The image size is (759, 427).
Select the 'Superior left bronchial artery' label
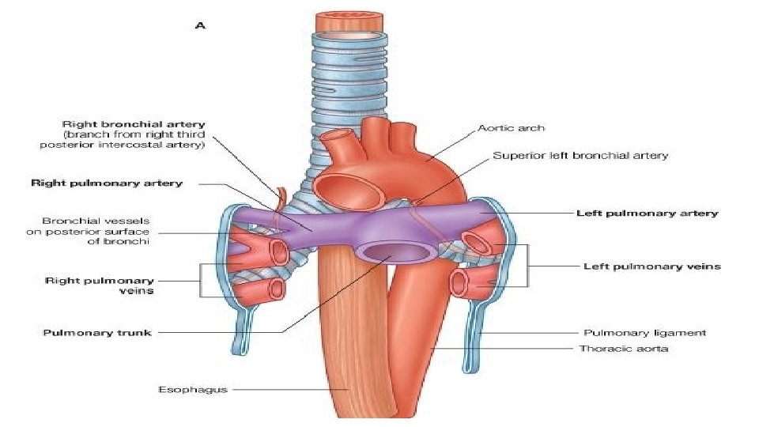pos(580,156)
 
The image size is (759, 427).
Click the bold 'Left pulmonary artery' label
pos(647,213)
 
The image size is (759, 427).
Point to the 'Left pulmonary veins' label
pos(651,266)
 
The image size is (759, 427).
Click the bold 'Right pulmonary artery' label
pos(107,183)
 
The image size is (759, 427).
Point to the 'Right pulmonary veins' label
pos(100,285)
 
